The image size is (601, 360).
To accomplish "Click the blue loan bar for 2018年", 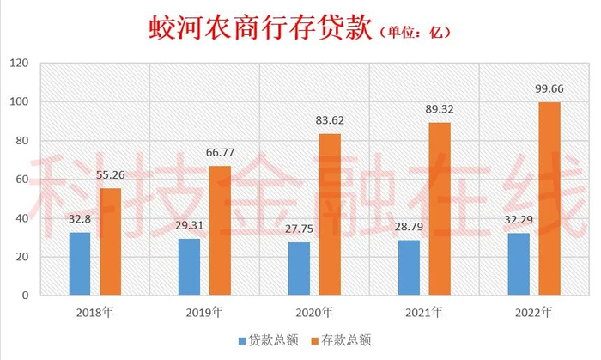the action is (80, 264).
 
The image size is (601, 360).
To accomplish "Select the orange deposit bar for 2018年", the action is (111, 241).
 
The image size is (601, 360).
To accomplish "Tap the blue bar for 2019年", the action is (190, 267).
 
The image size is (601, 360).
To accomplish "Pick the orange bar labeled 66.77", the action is (220, 230).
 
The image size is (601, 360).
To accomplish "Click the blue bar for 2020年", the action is (299, 268).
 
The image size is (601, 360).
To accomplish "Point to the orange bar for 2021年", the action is (440, 209).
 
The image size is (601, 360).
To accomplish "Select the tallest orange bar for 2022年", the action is (549, 198).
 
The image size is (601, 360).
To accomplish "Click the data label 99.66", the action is (549, 89).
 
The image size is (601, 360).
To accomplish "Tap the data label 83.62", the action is (330, 120).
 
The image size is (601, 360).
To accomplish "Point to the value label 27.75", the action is (299, 229).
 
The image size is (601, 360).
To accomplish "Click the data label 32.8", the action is (80, 219).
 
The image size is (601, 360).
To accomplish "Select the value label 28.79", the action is (409, 227).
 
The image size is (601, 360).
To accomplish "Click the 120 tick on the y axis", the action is (19, 63).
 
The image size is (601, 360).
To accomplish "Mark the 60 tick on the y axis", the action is (22, 179).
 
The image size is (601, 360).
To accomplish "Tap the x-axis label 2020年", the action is (314, 313).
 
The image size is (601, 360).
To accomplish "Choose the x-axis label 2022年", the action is (533, 313).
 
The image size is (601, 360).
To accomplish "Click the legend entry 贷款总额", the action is (268, 340).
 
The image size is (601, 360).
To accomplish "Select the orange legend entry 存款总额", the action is (341, 340).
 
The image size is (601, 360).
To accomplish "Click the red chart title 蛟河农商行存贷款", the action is (261, 28).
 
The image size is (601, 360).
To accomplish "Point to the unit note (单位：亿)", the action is (415, 32).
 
